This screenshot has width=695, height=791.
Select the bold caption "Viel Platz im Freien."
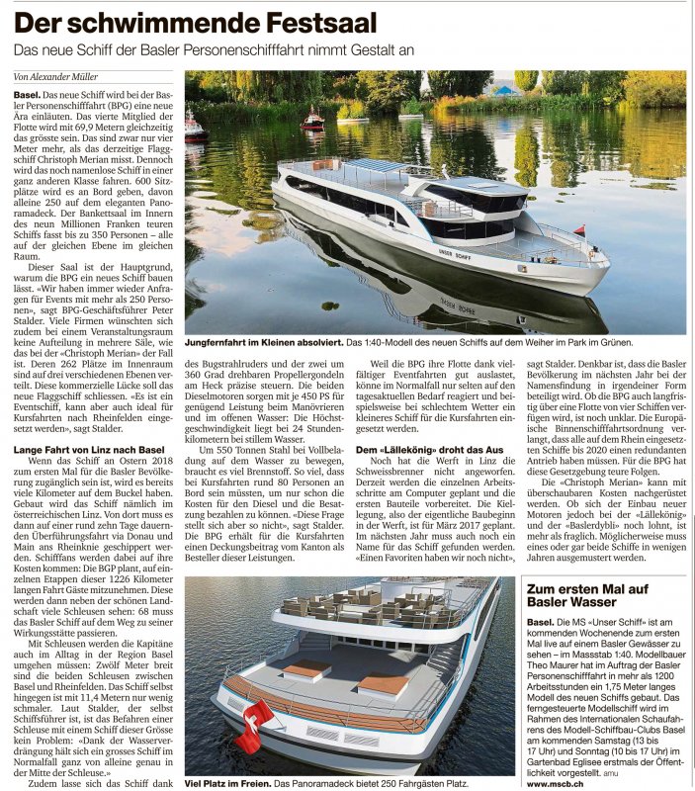click(226, 783)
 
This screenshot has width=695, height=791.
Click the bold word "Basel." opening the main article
click(27, 94)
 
